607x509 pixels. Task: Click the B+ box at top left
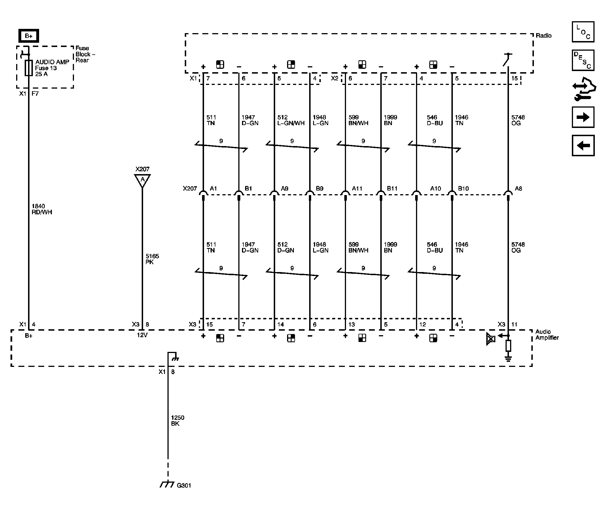(29, 36)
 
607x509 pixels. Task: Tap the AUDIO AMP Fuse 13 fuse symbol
(29, 68)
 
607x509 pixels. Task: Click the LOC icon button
(583, 32)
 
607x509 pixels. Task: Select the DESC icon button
(583, 60)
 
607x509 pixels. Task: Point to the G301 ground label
(184, 485)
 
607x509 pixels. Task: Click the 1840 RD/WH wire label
(42, 209)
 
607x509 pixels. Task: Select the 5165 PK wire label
(152, 259)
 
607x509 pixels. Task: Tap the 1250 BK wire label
(177, 420)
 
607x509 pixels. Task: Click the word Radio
(544, 35)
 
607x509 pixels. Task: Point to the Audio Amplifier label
(547, 335)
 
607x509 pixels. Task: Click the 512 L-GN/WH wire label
(291, 120)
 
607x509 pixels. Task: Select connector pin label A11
(357, 189)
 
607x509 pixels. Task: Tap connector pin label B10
(463, 189)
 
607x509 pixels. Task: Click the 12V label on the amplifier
(142, 335)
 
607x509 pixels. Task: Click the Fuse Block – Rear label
(85, 54)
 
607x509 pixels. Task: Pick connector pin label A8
(518, 189)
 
